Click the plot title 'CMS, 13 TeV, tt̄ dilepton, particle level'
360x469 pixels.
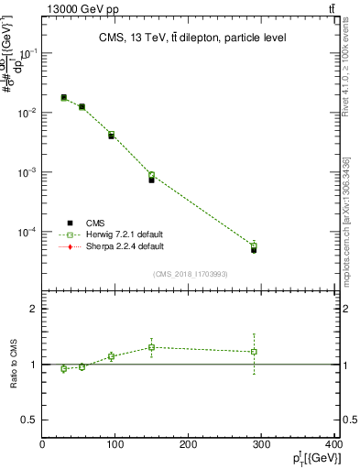click(191, 38)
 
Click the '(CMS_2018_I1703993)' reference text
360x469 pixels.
click(191, 273)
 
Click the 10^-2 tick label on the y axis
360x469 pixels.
click(28, 113)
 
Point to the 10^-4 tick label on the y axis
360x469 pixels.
click(28, 232)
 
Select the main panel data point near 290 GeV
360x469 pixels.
click(254, 248)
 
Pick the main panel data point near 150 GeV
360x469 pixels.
click(151, 179)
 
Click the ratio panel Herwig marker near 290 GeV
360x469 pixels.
click(254, 352)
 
